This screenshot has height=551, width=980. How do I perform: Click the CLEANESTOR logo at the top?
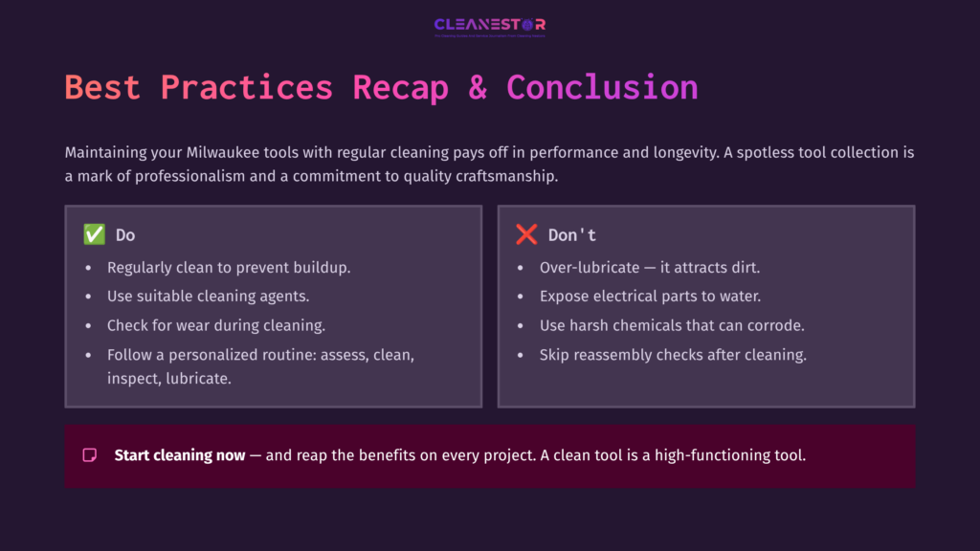point(489,25)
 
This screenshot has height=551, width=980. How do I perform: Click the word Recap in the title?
point(400,87)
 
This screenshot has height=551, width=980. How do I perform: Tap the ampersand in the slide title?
point(477,87)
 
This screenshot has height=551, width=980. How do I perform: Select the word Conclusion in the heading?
point(602,87)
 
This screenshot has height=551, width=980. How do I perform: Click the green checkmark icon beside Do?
point(94,234)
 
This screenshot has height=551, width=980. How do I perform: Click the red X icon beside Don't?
point(526,234)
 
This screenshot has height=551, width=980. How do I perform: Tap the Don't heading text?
point(572,235)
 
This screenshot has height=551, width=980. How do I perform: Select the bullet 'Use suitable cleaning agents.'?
point(208,297)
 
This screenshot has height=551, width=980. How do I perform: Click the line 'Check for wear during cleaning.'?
point(216,325)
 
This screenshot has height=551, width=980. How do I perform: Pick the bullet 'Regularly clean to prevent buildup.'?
point(229,268)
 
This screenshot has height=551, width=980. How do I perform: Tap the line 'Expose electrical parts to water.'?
point(650,297)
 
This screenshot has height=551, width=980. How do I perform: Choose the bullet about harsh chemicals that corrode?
point(672,325)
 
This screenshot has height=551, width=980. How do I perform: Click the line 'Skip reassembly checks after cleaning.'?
point(673,355)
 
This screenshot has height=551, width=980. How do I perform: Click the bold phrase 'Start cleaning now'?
point(180,455)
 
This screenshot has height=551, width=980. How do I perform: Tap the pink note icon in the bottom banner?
point(90,455)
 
